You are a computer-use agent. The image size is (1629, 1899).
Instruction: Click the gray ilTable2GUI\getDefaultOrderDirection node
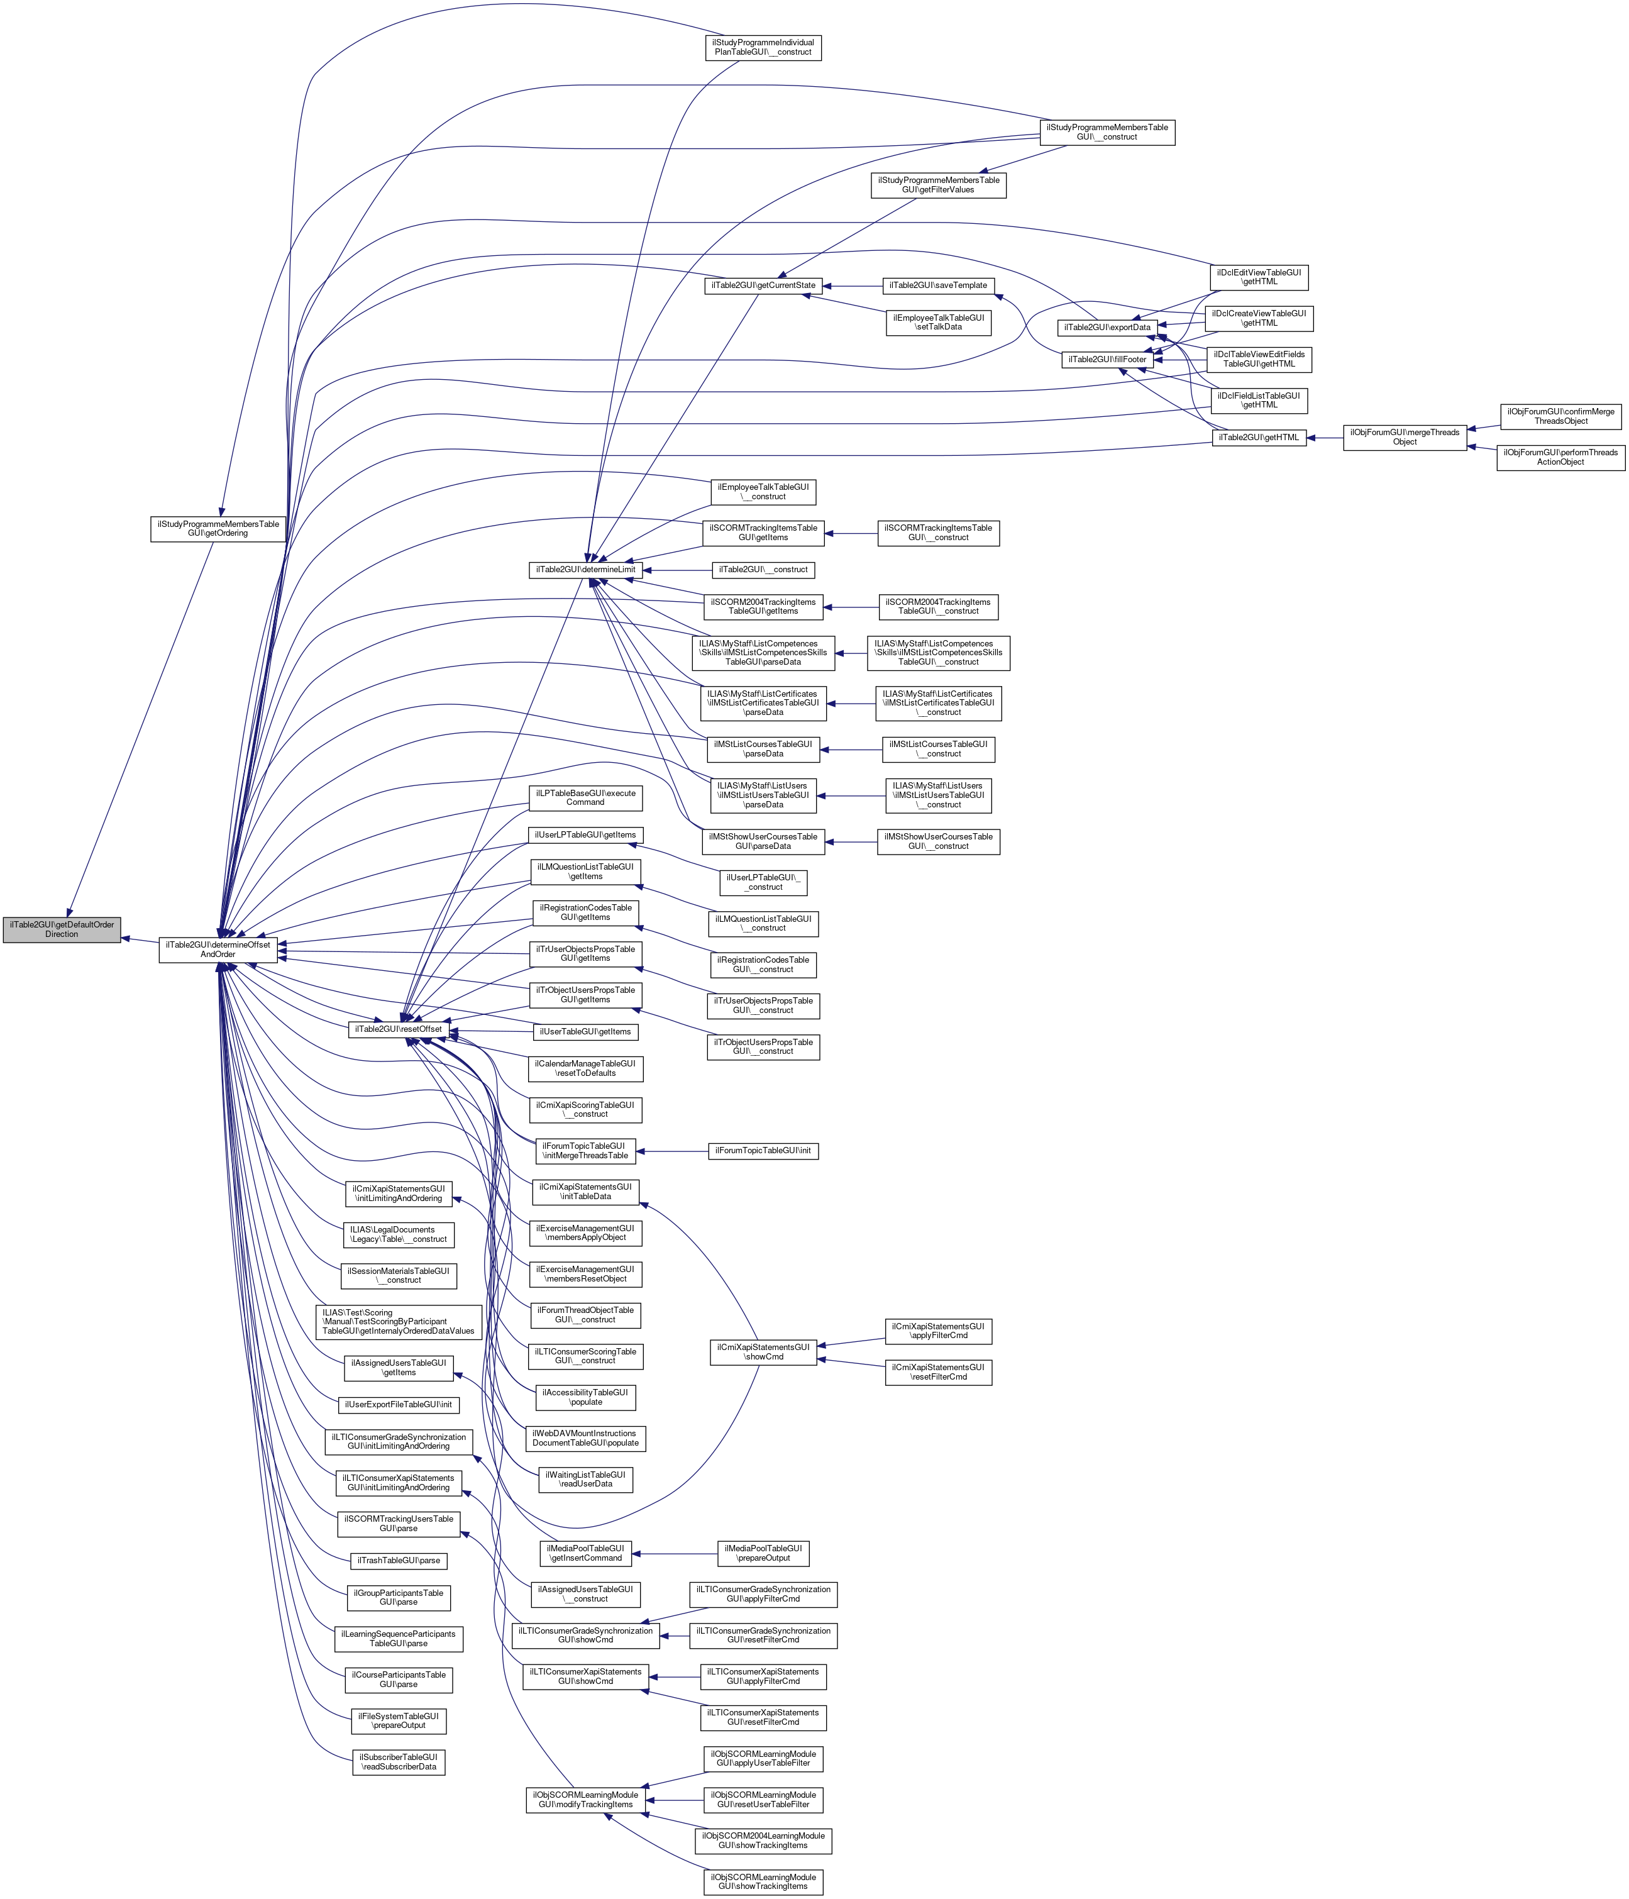click(62, 929)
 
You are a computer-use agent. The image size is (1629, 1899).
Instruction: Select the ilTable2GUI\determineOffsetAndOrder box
click(218, 949)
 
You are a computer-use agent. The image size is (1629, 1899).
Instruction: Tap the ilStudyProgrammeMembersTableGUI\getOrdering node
click(218, 528)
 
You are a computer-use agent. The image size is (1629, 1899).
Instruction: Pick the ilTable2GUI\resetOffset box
click(397, 1029)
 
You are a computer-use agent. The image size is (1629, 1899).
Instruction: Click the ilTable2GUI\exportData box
click(1107, 327)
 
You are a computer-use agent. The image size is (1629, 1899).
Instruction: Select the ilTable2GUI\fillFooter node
click(1107, 359)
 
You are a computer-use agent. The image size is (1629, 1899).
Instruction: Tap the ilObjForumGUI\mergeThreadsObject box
click(1405, 437)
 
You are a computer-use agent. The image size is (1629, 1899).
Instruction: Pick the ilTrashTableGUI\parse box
click(399, 1560)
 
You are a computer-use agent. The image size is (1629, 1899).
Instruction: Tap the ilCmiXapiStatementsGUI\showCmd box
click(763, 1352)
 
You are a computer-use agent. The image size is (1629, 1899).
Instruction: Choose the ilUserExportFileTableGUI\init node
click(399, 1404)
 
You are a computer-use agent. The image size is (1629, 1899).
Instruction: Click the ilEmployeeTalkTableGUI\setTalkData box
click(938, 322)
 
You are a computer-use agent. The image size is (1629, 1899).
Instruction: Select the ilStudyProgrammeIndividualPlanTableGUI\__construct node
click(763, 48)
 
